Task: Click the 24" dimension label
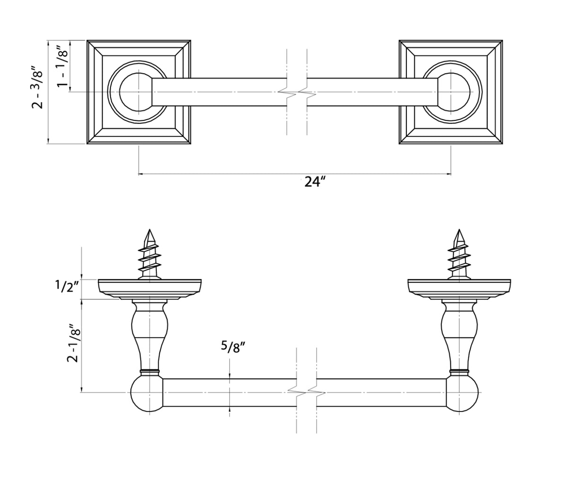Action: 315,182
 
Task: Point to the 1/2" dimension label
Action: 66,286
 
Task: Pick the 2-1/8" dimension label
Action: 72,343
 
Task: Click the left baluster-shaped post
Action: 150,335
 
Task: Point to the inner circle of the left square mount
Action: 137,92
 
